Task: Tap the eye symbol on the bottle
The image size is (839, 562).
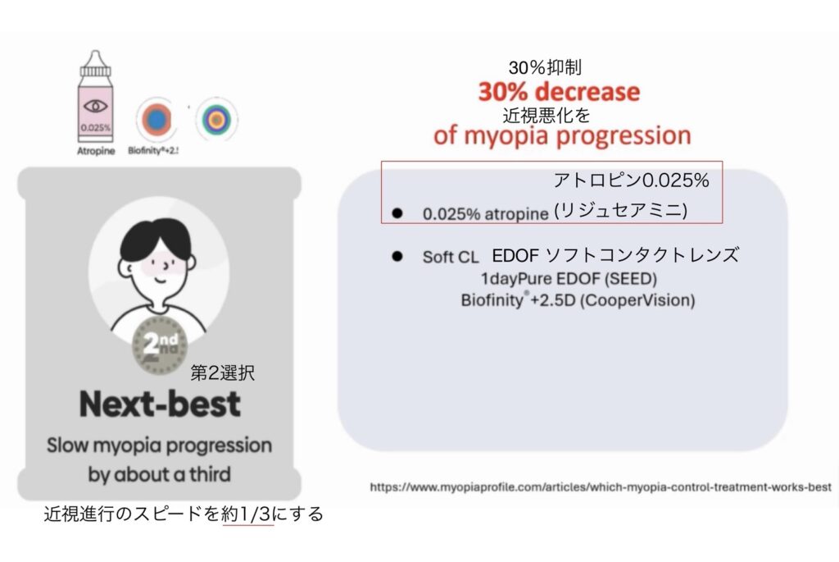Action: [x=95, y=106]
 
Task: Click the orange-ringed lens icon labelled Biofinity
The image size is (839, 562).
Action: [x=156, y=120]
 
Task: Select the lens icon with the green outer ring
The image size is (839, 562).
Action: [x=216, y=119]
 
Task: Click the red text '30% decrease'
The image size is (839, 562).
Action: [x=559, y=92]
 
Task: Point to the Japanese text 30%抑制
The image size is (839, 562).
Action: [x=545, y=67]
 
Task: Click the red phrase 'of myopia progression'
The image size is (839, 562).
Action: [x=562, y=135]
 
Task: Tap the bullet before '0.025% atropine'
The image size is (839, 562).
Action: [x=397, y=213]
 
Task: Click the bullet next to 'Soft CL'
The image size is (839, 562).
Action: [x=397, y=256]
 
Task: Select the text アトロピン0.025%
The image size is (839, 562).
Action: [x=632, y=180]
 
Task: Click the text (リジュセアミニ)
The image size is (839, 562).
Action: [x=621, y=210]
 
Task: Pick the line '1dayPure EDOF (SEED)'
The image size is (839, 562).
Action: [x=569, y=279]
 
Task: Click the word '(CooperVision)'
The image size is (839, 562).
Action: [x=637, y=300]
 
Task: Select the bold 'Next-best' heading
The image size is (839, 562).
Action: [x=160, y=404]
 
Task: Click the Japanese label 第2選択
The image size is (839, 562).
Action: [x=223, y=372]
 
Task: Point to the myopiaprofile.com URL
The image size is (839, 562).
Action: [x=601, y=487]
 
